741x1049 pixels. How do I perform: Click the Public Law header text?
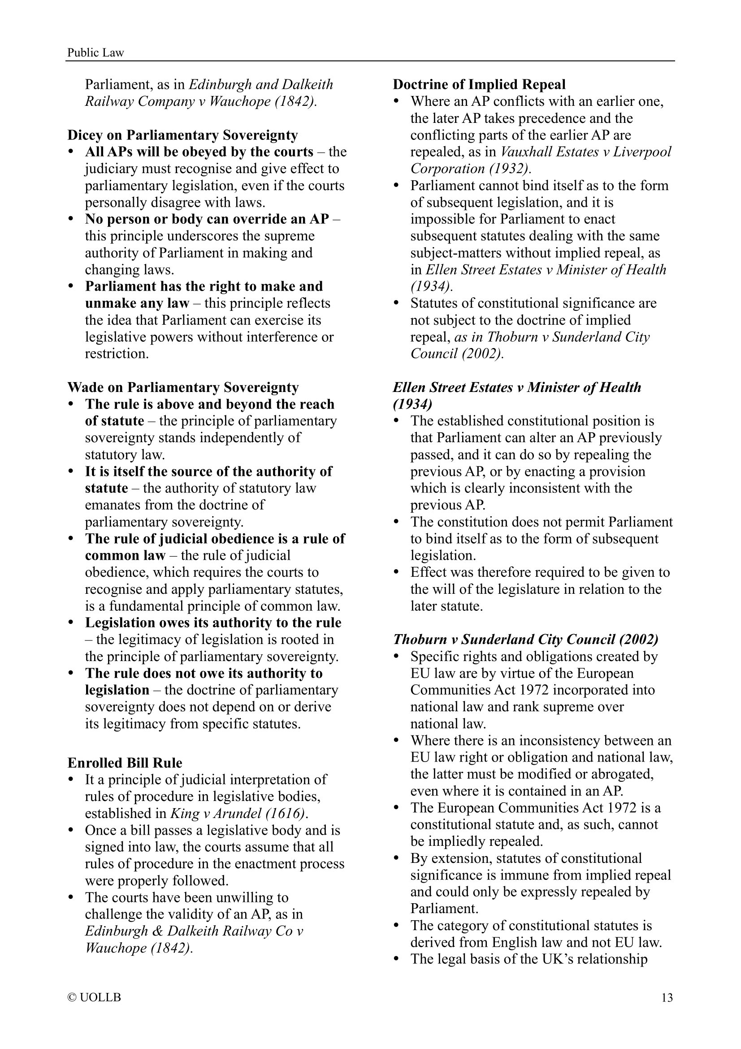pyautogui.click(x=95, y=52)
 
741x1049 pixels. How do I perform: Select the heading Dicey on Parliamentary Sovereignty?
pyautogui.click(x=182, y=135)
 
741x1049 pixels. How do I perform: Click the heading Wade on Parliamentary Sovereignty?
pyautogui.click(x=183, y=387)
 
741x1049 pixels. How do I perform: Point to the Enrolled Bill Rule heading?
pyautogui.click(x=125, y=763)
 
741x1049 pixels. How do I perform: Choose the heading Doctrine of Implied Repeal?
pyautogui.click(x=479, y=84)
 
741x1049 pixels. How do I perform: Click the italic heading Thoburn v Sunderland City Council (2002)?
pyautogui.click(x=525, y=639)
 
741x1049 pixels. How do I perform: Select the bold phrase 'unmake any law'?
pyautogui.click(x=137, y=303)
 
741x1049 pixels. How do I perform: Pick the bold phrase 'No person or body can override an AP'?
pyautogui.click(x=207, y=219)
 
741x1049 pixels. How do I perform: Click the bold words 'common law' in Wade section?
pyautogui.click(x=125, y=556)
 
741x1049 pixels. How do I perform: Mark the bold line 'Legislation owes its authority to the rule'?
pyautogui.click(x=213, y=623)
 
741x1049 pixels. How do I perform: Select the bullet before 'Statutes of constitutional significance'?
pyautogui.click(x=396, y=303)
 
